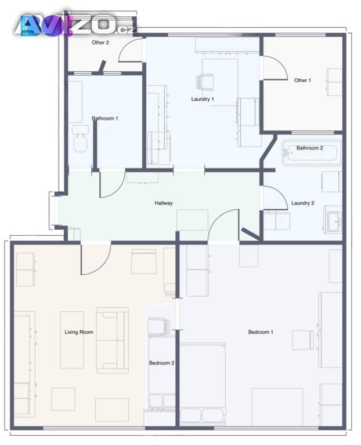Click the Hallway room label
(164, 203)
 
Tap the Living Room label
(79, 332)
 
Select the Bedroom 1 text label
(261, 332)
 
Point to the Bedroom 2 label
(161, 363)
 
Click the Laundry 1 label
(203, 99)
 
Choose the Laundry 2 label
(303, 203)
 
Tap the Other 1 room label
(302, 81)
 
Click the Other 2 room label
(100, 42)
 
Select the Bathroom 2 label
(309, 148)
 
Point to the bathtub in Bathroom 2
(312, 153)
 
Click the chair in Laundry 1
(204, 82)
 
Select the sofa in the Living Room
(112, 340)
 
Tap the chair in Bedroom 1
(304, 340)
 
